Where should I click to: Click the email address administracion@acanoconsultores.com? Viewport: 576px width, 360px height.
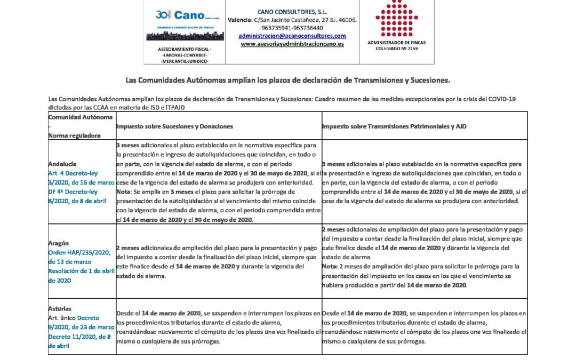(292, 36)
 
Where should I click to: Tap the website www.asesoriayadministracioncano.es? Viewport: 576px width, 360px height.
(292, 44)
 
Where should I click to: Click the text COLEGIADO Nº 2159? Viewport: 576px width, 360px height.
(396, 48)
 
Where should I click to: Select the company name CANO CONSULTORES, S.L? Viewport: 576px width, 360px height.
(292, 11)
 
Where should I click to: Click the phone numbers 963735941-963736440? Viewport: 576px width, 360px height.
(292, 28)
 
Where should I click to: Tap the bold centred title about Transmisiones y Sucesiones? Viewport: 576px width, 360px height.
(288, 81)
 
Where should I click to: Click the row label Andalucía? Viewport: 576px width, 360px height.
(62, 164)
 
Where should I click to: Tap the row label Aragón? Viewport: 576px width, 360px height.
(58, 243)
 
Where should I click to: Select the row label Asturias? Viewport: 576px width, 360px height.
(60, 308)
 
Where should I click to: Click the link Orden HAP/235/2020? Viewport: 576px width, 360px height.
(78, 252)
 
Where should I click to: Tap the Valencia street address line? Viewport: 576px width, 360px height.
(292, 20)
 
